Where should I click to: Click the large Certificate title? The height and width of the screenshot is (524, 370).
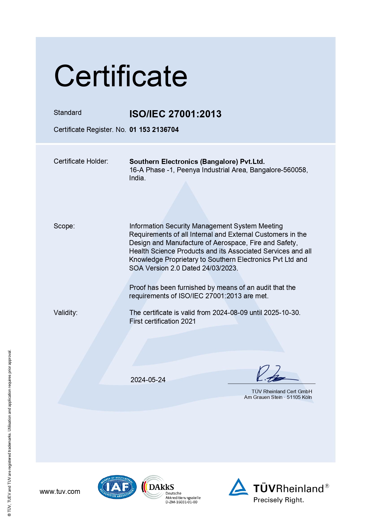tap(121, 76)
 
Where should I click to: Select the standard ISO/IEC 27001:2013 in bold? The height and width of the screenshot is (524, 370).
tap(175, 114)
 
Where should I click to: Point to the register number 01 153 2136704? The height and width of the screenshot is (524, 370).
tap(154, 130)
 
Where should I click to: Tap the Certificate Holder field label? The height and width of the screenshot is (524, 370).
tap(81, 161)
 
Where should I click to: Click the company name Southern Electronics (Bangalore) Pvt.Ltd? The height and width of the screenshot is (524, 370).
tap(197, 162)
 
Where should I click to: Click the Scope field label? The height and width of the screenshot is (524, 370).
tap(64, 226)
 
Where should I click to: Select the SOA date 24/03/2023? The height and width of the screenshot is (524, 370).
tap(219, 268)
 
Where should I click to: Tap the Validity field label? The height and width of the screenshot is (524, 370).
tap(65, 313)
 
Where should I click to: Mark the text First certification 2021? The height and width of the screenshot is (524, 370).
tap(162, 321)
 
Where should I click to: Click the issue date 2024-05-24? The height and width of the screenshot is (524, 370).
tap(148, 380)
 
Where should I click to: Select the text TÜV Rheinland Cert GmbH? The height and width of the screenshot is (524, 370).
tap(282, 391)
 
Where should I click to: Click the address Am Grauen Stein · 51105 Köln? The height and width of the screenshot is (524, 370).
tap(278, 397)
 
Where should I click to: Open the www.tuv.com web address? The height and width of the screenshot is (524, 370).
tap(60, 491)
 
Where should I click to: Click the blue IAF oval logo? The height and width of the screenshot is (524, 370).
tap(117, 487)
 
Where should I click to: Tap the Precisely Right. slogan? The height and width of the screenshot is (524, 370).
tap(278, 500)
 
